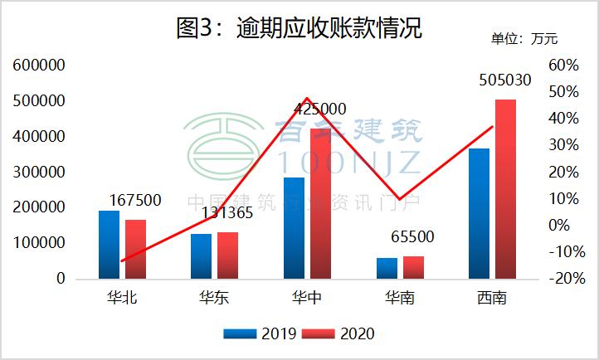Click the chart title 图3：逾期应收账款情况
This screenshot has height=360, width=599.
(299, 27)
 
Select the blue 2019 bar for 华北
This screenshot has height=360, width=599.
(109, 245)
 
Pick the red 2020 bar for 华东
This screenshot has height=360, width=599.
(227, 255)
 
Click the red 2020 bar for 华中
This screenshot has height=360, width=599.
(320, 204)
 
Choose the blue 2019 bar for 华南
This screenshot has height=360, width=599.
(386, 268)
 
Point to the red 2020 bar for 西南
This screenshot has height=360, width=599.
(505, 189)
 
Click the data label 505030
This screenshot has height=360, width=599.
(505, 81)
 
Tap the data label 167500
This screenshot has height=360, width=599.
(135, 201)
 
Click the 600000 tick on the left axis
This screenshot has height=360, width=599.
(38, 65)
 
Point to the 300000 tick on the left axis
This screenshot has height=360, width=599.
(38, 173)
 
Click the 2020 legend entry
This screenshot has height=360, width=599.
(338, 333)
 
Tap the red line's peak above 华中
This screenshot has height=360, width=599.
(307, 98)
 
